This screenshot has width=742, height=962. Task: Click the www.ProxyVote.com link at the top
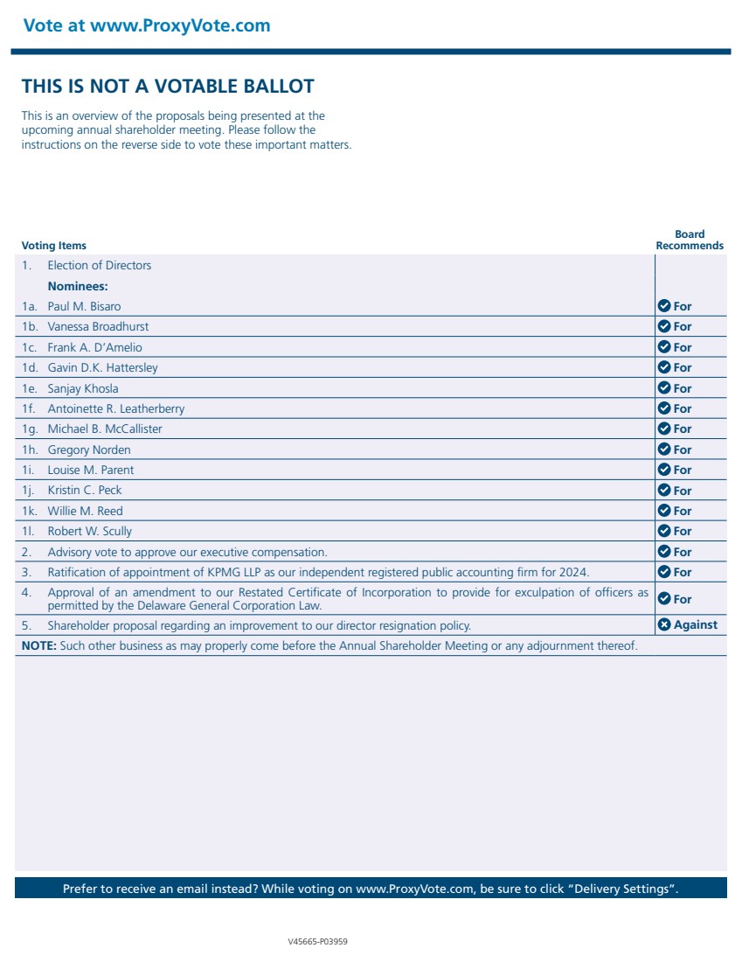tap(180, 25)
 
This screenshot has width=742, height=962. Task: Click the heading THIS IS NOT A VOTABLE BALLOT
tap(168, 86)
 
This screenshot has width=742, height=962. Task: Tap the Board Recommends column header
tap(690, 240)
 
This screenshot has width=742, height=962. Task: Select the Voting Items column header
tap(54, 246)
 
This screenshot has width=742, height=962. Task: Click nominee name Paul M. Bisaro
tap(84, 306)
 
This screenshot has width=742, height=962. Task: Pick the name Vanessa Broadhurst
tap(98, 326)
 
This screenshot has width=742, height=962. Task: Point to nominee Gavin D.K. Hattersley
tap(102, 367)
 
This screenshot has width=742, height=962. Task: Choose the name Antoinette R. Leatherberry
tap(115, 408)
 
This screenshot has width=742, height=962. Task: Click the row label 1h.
tap(31, 450)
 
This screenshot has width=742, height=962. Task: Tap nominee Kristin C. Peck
tap(85, 491)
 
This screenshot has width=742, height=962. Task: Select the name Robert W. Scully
tap(89, 531)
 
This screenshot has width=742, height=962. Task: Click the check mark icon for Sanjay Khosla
tap(663, 388)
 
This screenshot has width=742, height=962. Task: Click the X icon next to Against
tap(663, 624)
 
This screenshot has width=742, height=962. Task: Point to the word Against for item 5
tap(695, 624)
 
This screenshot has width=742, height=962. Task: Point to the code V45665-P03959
tap(318, 942)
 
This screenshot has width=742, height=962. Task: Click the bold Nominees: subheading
tap(78, 286)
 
